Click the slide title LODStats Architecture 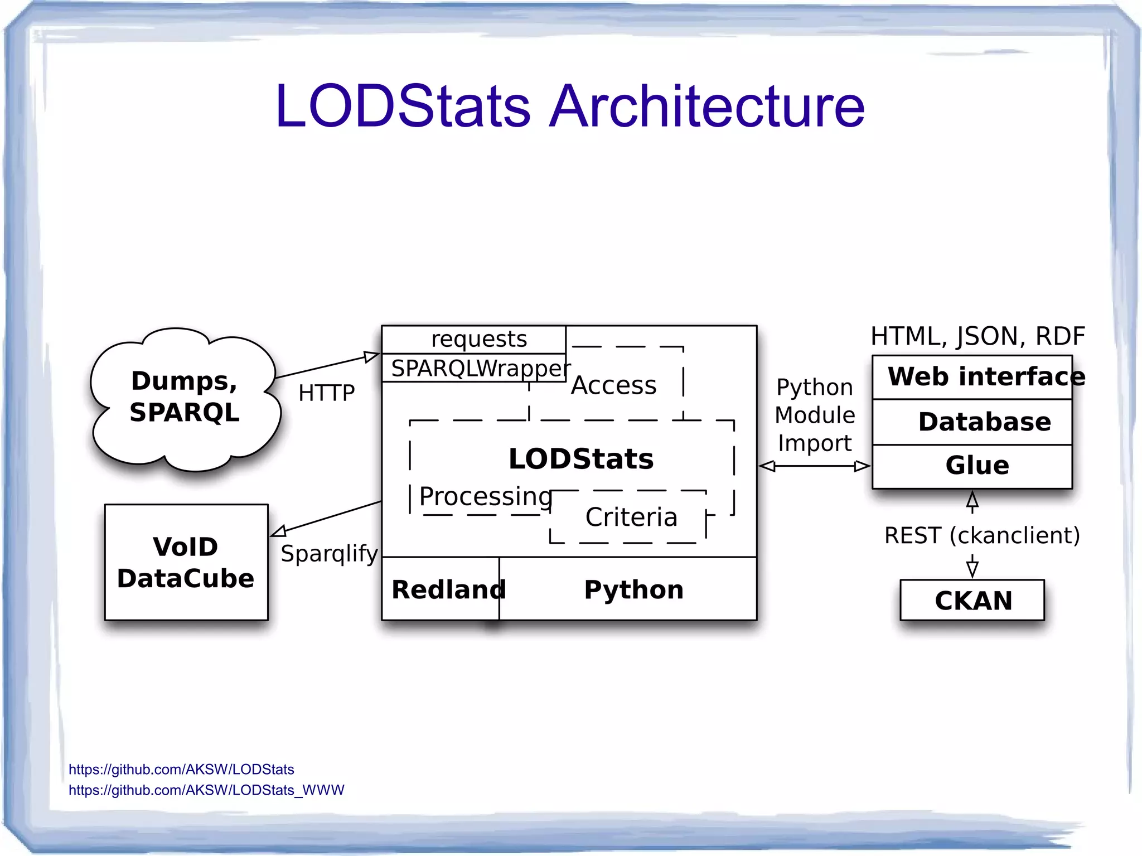pos(570,106)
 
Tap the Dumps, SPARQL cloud pos(185,397)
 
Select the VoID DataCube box pos(186,562)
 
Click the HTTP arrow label pos(326,393)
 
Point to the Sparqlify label pos(329,554)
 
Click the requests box pos(478,339)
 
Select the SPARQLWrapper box pos(478,368)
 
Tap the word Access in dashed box pos(613,385)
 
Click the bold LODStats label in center pos(580,459)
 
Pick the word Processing pos(485,496)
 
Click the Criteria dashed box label pos(631,517)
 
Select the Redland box pos(441,589)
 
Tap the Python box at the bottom pos(633,589)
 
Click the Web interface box pos(972,377)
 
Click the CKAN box pos(972,600)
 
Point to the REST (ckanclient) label pos(981,535)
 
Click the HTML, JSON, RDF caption pos(977,336)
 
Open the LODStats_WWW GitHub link pos(206,790)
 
